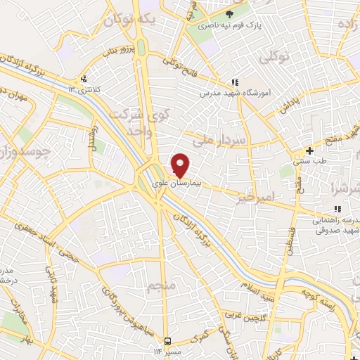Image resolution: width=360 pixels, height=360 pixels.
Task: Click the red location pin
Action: click(181, 165)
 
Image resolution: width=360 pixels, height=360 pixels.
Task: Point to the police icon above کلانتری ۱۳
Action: click(84, 78)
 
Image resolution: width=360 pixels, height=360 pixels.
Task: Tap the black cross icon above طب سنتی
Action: click(310, 150)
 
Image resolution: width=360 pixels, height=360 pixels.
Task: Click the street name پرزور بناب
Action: click(115, 51)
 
